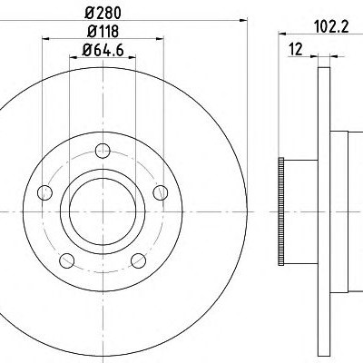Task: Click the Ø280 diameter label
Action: (103, 13)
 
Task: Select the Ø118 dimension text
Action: (103, 31)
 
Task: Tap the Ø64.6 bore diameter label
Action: (103, 50)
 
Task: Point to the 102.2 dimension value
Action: (331, 27)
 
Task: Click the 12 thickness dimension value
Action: (296, 49)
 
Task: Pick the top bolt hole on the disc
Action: (103, 151)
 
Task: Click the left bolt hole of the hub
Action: (44, 192)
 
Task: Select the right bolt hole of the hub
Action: (161, 192)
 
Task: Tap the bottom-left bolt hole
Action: (67, 260)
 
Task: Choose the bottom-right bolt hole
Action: (139, 260)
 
